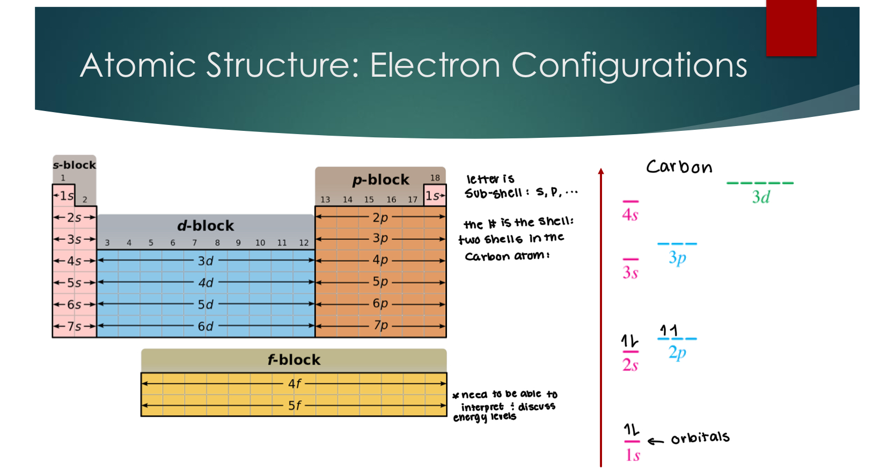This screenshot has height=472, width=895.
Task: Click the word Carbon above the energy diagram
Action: pos(679,167)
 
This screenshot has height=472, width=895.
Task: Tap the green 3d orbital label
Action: pos(761,197)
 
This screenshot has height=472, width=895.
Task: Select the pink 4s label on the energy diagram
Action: pos(630,215)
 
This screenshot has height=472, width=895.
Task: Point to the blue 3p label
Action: pos(677,258)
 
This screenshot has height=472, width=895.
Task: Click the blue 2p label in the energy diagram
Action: pos(677,353)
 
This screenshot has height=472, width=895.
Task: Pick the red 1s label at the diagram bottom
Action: pos(633,455)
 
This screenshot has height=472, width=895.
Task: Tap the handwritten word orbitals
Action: pos(700,438)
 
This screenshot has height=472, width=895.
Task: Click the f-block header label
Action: pos(294,360)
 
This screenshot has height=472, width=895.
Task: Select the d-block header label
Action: pos(206,226)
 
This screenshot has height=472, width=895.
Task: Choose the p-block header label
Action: pos(380,180)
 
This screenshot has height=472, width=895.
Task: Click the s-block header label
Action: pos(74,165)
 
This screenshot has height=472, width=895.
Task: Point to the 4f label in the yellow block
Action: pos(295,383)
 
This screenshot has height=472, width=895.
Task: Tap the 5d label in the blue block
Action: pos(206,305)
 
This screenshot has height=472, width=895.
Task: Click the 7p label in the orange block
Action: pos(380,326)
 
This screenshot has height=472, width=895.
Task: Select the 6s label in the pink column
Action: pos(74,305)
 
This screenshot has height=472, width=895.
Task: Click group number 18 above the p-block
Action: pos(435,178)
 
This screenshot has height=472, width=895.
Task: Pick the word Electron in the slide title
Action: pos(435,65)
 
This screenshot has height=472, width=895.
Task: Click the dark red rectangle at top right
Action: pos(791,28)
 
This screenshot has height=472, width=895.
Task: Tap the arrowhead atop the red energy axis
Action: pos(601,171)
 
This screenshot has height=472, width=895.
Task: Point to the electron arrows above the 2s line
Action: pos(630,341)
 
